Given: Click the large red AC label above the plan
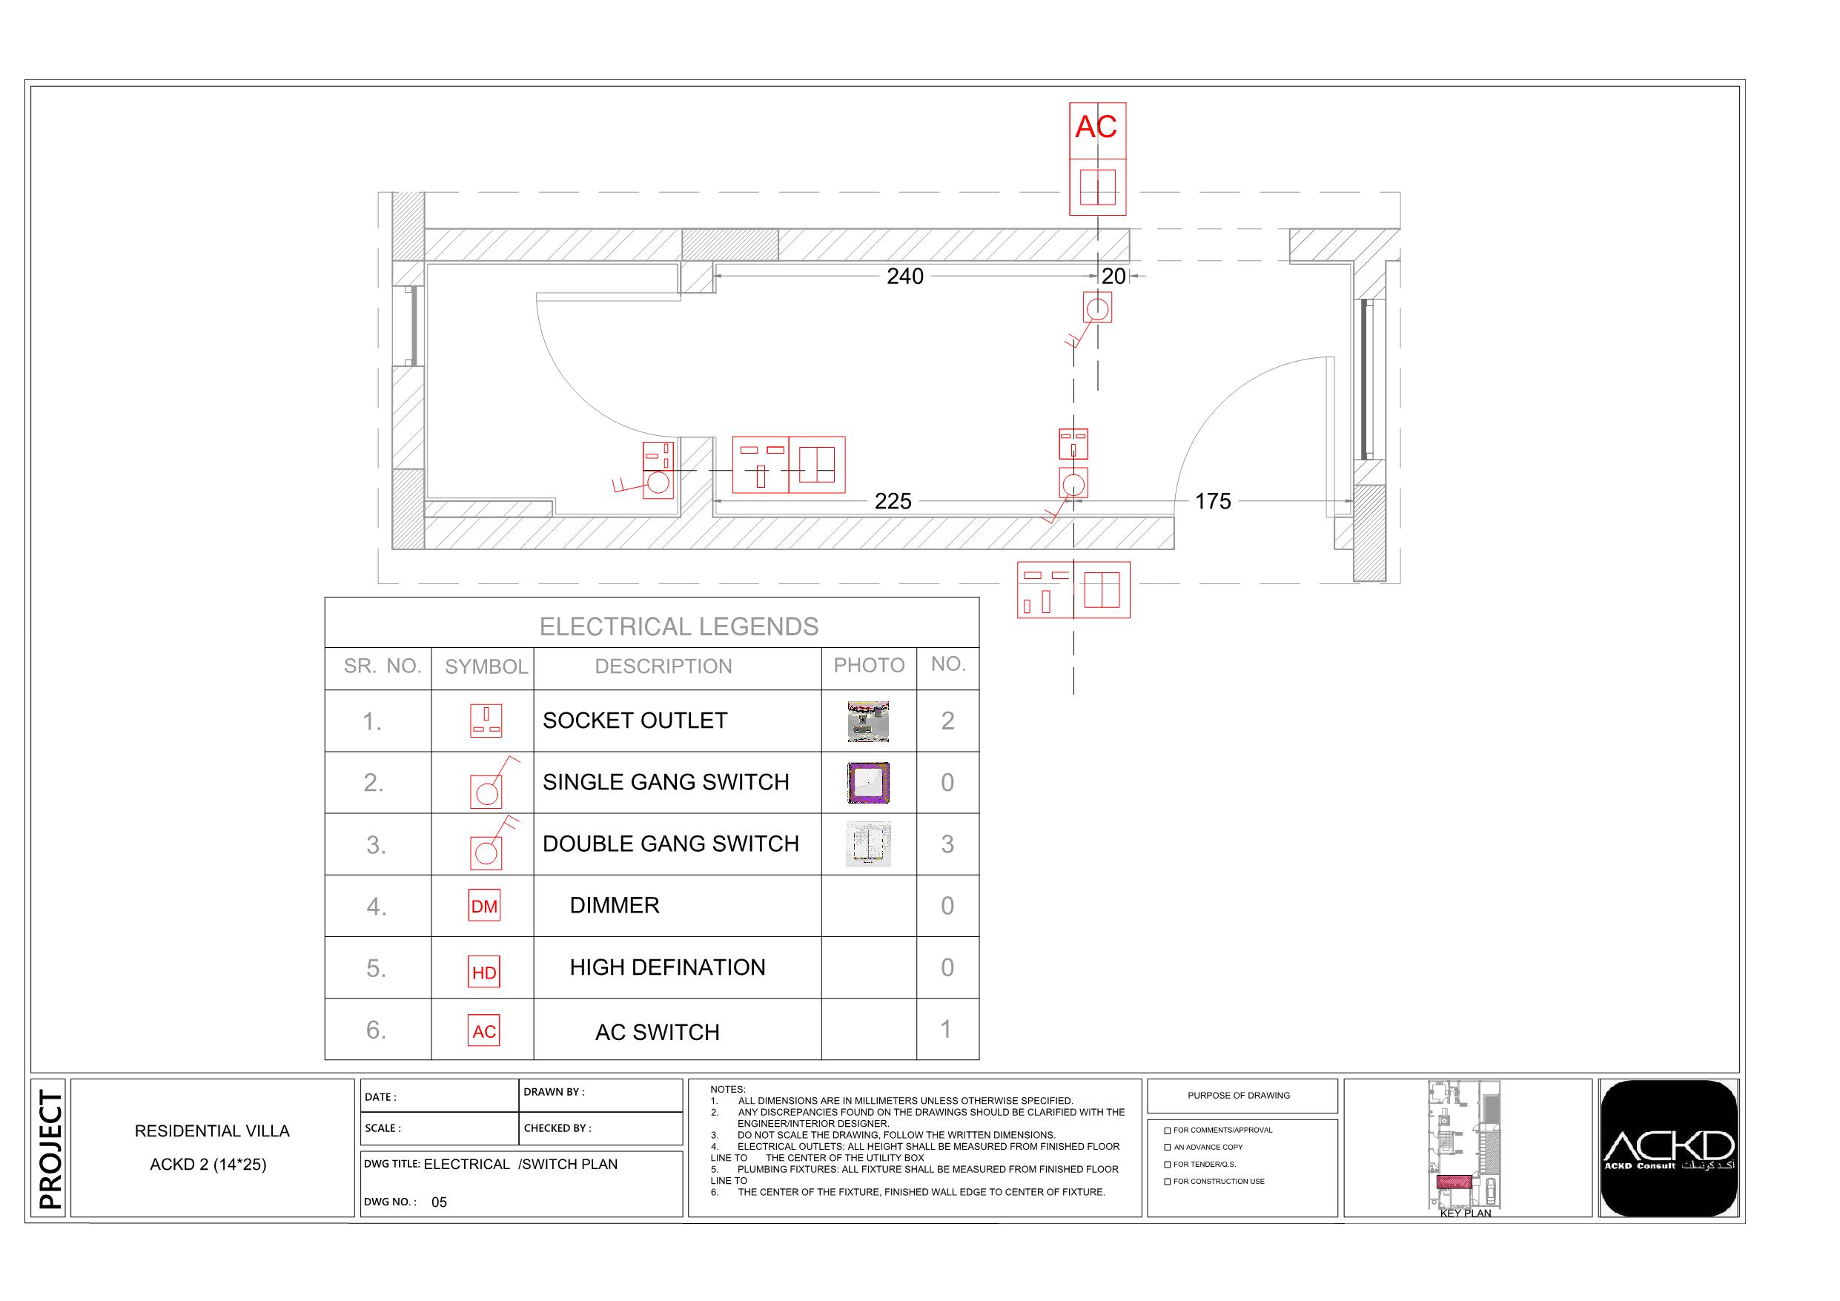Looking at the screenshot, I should click(1096, 128).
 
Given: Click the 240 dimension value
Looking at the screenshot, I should click(904, 277).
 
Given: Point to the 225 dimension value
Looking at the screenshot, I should click(893, 502).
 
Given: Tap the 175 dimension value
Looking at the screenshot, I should click(1213, 502).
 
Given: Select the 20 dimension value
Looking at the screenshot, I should click(1113, 277).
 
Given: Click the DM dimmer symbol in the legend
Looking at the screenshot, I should click(484, 905).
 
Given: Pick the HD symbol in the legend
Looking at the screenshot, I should click(484, 972).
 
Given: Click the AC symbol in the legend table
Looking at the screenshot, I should click(484, 1031).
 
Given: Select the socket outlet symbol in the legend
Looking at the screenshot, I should click(486, 721).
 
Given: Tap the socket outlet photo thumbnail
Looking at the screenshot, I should click(868, 721).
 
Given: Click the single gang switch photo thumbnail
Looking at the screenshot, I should click(868, 782).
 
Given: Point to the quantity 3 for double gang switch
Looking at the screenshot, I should click(947, 844).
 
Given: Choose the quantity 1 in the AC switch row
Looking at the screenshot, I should click(947, 1029).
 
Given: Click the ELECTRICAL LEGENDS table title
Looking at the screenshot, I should click(679, 626).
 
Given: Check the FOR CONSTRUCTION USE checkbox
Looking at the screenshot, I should click(1168, 1182).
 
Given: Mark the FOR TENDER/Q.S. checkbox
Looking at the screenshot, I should click(1168, 1165).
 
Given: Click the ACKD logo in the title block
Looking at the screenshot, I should click(1669, 1148).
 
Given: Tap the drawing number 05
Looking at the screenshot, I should click(439, 1202).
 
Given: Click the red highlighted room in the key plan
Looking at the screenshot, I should click(1453, 1182).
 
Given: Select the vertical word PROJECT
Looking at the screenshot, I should click(50, 1149).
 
